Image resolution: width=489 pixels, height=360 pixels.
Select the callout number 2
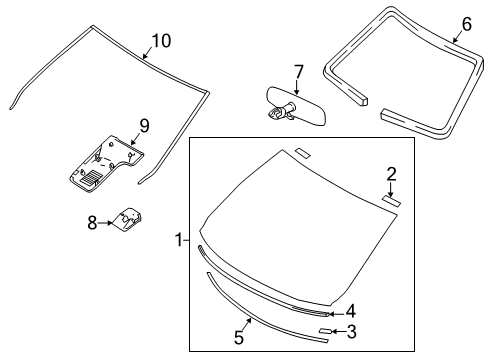[393, 173]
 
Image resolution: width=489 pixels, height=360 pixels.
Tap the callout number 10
[160, 40]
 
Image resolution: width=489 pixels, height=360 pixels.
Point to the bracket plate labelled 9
[105, 160]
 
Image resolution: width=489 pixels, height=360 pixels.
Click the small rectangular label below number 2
[392, 200]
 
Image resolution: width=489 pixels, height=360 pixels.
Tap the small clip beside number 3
[324, 330]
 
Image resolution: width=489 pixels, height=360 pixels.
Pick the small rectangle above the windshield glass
[303, 153]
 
